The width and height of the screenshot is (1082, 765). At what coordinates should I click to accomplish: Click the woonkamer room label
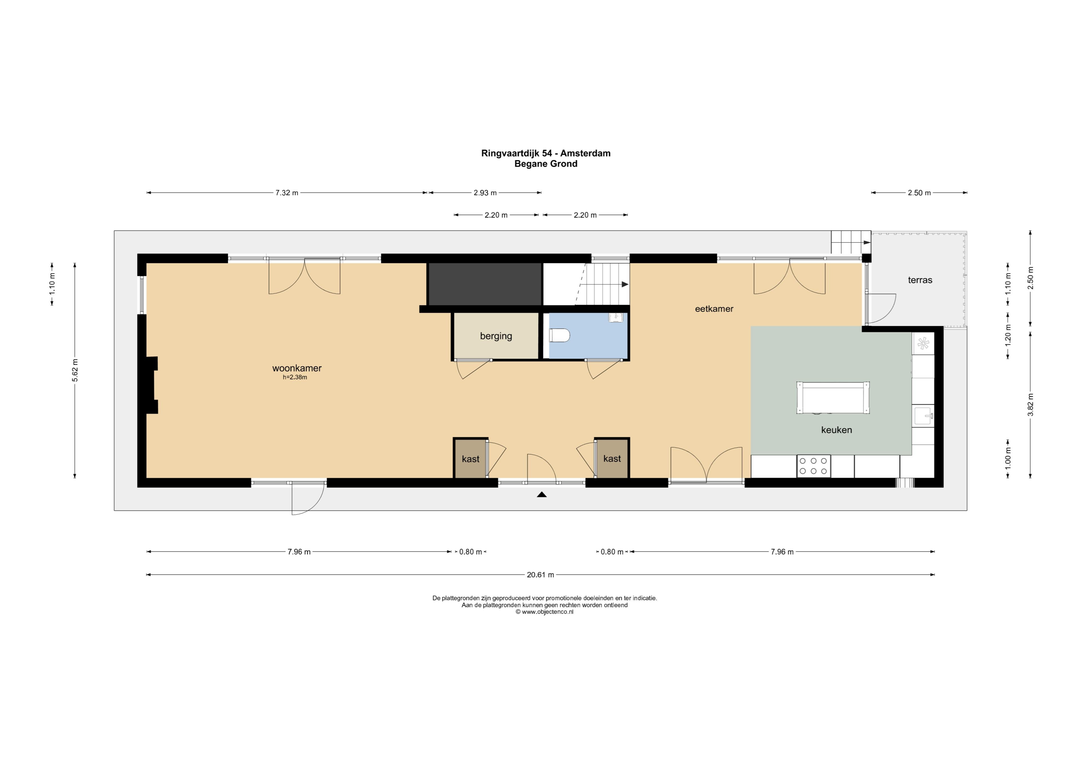(297, 368)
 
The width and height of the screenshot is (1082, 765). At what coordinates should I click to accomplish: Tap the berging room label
(496, 336)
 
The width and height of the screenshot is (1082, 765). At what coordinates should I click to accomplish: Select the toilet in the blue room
(560, 335)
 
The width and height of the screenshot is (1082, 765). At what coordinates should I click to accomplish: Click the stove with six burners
(814, 466)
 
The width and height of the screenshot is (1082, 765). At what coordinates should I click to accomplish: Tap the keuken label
(837, 430)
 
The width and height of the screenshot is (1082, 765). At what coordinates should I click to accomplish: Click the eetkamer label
(714, 309)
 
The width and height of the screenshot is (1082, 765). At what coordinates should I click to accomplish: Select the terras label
(920, 280)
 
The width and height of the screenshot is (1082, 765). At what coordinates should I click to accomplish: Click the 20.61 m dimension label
(540, 575)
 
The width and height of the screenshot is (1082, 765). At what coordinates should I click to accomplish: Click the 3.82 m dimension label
(1031, 404)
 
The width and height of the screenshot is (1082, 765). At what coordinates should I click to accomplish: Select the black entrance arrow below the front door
(542, 495)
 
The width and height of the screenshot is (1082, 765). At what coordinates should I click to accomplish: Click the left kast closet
(470, 458)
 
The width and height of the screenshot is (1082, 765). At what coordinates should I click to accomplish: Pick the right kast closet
(612, 458)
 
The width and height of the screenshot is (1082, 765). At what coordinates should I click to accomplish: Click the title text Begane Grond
(546, 164)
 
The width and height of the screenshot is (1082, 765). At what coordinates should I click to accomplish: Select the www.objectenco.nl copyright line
(544, 612)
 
